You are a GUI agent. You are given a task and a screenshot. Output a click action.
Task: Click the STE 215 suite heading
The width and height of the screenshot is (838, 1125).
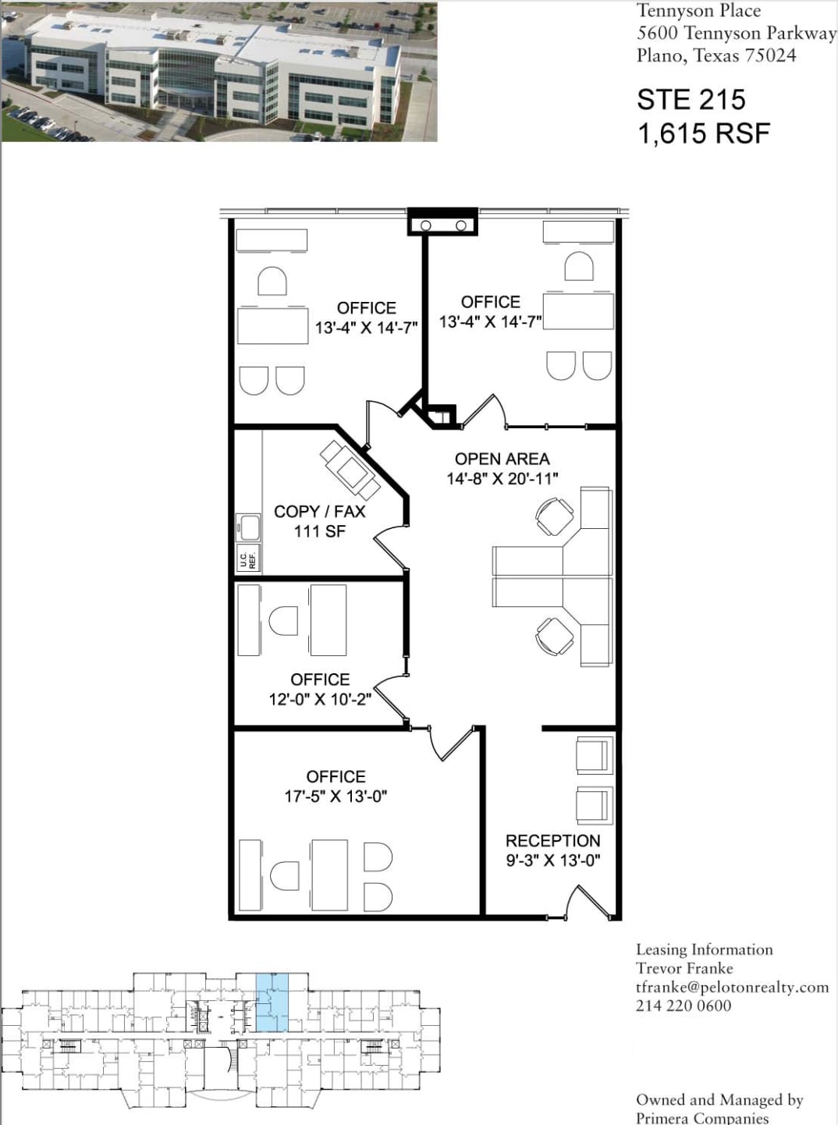[691, 100]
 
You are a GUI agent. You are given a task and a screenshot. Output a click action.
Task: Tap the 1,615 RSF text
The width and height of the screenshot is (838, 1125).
[703, 134]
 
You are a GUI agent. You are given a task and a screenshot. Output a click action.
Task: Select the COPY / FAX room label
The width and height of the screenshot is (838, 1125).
[319, 512]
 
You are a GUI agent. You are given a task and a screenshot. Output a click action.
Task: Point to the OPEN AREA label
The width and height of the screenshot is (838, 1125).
[502, 459]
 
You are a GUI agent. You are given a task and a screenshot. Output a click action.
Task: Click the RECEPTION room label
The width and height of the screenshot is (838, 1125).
[552, 840]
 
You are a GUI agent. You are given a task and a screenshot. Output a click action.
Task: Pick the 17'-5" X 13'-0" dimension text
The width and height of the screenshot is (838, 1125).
[336, 797]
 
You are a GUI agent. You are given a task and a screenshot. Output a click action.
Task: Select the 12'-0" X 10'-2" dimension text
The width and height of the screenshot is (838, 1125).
[320, 699]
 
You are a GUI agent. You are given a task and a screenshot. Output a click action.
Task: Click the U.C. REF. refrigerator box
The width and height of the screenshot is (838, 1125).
[247, 559]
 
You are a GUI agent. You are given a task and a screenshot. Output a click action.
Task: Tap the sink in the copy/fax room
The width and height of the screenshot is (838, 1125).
[249, 527]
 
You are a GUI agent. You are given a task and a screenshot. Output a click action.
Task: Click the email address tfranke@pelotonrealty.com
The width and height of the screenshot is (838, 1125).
[732, 987]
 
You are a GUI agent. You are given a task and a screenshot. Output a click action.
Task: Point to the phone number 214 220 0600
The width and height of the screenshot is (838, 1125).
[684, 1006]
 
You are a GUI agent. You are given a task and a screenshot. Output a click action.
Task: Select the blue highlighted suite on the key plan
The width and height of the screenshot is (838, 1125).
[272, 1003]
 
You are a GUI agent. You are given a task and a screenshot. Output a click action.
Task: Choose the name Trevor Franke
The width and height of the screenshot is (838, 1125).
[684, 968]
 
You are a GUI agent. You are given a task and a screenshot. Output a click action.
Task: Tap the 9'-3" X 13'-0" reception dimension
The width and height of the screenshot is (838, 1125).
[552, 861]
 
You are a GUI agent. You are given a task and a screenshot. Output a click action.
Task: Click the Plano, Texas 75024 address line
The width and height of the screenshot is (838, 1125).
[715, 55]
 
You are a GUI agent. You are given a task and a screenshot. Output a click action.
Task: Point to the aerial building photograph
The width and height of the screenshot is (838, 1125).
[219, 72]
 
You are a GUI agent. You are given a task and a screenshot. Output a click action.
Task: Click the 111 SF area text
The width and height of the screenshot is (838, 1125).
[319, 531]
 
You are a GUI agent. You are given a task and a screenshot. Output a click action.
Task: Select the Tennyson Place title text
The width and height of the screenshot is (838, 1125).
[698, 11]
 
